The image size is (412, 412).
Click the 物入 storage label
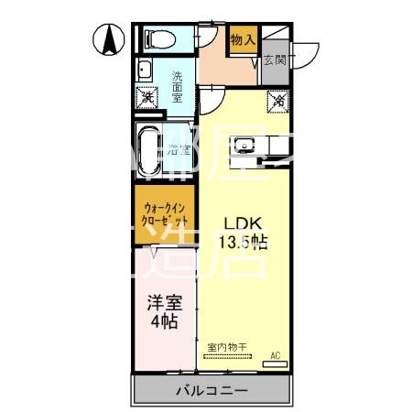243,41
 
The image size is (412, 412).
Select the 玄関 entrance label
274,60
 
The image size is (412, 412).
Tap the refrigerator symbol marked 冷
276,101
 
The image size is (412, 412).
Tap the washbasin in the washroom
145,71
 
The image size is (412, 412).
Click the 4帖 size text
165,323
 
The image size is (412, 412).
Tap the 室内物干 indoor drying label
223,347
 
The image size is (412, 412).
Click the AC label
275,354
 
